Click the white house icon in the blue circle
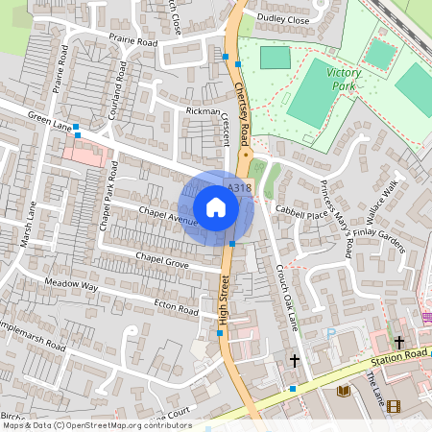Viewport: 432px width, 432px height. point(216,207)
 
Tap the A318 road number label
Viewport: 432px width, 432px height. point(239,188)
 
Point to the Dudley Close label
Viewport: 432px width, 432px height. point(283,18)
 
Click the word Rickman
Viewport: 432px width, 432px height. point(203,111)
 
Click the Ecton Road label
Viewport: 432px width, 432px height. point(176,307)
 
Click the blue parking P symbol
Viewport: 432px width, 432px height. point(332,333)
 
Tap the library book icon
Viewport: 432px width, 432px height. point(344,391)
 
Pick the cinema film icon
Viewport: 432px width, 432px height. point(393,405)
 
